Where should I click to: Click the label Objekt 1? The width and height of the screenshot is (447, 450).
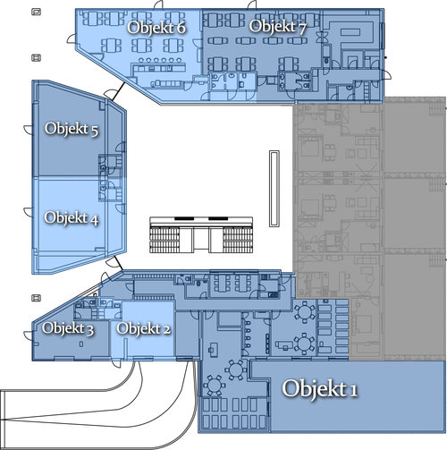(320, 388)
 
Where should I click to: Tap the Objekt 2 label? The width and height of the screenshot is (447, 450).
(143, 328)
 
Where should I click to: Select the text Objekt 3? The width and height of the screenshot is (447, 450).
(68, 328)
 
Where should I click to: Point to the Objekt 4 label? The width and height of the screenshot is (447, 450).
(72, 217)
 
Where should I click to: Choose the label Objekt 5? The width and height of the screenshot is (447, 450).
(72, 129)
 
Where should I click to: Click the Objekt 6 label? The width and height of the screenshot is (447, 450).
(156, 28)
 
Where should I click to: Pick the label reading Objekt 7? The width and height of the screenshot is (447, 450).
(277, 27)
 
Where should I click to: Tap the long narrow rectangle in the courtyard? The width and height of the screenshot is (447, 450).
(274, 189)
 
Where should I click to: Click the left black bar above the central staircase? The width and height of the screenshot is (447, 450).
(184, 218)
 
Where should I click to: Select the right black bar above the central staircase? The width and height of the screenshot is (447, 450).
(218, 218)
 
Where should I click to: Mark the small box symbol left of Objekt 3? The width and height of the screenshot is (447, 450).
(36, 298)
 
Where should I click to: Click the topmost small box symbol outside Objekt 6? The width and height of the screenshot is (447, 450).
(36, 12)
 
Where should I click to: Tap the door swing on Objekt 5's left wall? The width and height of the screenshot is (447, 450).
(29, 130)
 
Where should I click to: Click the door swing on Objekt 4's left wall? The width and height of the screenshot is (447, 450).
(29, 212)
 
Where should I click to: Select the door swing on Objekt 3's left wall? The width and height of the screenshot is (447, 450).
(29, 335)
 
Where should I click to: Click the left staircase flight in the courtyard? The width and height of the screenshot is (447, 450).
(164, 240)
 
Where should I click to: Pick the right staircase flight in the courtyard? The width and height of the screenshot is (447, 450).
(238, 240)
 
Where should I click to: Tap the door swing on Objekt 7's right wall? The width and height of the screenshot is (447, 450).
(386, 75)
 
